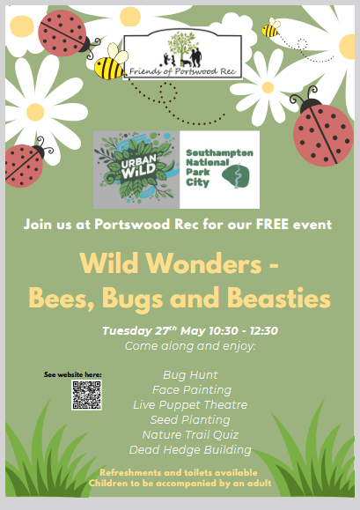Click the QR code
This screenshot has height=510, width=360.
pyautogui.click(x=86, y=395)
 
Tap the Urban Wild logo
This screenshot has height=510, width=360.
pyautogui.click(x=136, y=169)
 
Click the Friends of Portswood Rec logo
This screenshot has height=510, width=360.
pyautogui.click(x=182, y=56)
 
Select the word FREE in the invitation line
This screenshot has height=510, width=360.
pyautogui.click(x=272, y=225)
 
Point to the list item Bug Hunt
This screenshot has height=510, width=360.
pyautogui.click(x=190, y=375)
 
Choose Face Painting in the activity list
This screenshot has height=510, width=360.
pyautogui.click(x=192, y=390)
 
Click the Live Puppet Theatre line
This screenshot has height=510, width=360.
pyautogui.click(x=190, y=405)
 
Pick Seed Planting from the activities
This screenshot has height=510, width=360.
pyautogui.click(x=190, y=420)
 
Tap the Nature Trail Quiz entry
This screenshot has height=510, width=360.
pyautogui.click(x=190, y=435)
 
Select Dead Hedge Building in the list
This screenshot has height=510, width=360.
pyautogui.click(x=190, y=450)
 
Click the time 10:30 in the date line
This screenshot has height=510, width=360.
pyautogui.click(x=224, y=331)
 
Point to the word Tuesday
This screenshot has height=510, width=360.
pyautogui.click(x=128, y=331)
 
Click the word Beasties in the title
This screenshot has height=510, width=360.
pyautogui.click(x=278, y=298)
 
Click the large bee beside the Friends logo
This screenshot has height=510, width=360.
pyautogui.click(x=111, y=62)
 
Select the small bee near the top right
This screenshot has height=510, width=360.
pyautogui.click(x=271, y=27)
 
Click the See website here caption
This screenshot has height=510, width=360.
pyautogui.click(x=73, y=374)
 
